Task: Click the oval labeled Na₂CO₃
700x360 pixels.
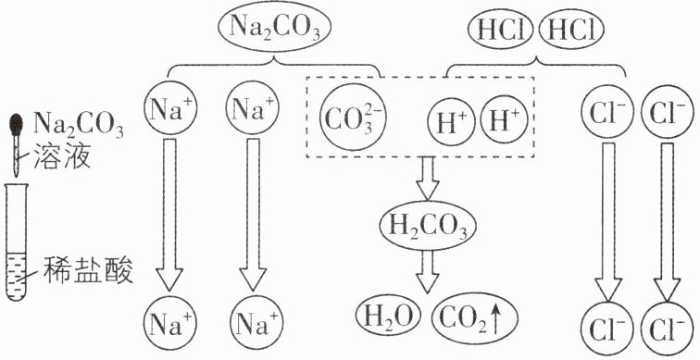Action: pos(274,30)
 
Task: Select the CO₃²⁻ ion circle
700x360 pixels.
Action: pos(353,117)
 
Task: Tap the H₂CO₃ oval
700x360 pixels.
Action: pos(428,226)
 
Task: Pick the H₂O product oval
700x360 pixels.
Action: pos(388,317)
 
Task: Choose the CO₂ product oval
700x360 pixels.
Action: pos(475,317)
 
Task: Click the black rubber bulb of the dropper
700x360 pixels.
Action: pos(17,125)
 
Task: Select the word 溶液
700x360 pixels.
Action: pos(63,159)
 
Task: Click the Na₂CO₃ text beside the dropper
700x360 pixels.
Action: pos(79,127)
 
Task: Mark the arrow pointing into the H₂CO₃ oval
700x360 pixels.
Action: pos(427,178)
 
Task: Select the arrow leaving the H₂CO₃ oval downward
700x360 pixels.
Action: pos(427,272)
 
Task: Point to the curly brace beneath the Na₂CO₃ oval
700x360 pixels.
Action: pos(273,66)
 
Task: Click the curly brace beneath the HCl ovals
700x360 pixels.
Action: pos(536,66)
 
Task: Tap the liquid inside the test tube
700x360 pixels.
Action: pos(17,274)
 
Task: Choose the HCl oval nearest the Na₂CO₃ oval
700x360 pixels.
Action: pos(501,31)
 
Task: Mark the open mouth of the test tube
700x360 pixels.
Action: pos(17,186)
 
